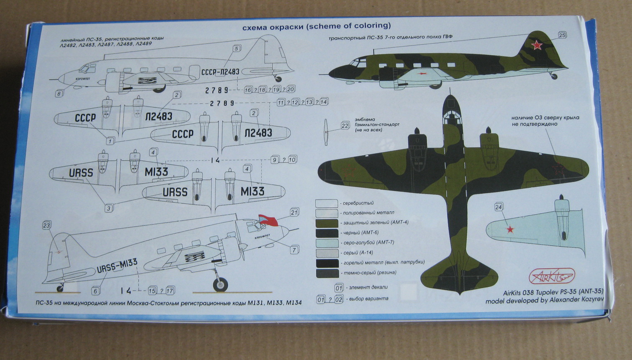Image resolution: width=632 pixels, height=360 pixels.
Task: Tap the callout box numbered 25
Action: point(562,35)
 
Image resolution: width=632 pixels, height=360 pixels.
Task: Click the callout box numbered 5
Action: point(236,49)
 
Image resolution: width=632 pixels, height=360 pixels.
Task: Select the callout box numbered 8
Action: point(59,94)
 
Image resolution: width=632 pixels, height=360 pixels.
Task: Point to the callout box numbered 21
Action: point(294,212)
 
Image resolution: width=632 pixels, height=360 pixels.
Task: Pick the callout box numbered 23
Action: point(46,226)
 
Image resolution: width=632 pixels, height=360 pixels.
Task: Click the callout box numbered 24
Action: point(498,207)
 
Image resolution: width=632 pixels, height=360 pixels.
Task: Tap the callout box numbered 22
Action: point(345,125)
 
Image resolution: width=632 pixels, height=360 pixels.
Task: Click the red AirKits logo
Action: point(552,276)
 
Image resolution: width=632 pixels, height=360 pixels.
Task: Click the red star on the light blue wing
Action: point(510,229)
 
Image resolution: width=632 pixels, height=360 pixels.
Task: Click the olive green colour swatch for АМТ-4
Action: point(326,223)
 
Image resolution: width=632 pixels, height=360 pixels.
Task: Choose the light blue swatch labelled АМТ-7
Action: point(326,243)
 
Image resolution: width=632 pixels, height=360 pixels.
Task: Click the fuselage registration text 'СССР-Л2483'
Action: point(220,72)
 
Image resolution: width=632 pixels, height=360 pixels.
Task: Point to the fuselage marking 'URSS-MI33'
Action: point(117,265)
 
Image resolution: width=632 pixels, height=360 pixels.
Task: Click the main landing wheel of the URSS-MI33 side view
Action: point(220,284)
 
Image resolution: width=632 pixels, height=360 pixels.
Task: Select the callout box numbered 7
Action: point(294,250)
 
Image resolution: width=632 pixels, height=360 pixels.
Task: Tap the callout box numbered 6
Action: point(95,291)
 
